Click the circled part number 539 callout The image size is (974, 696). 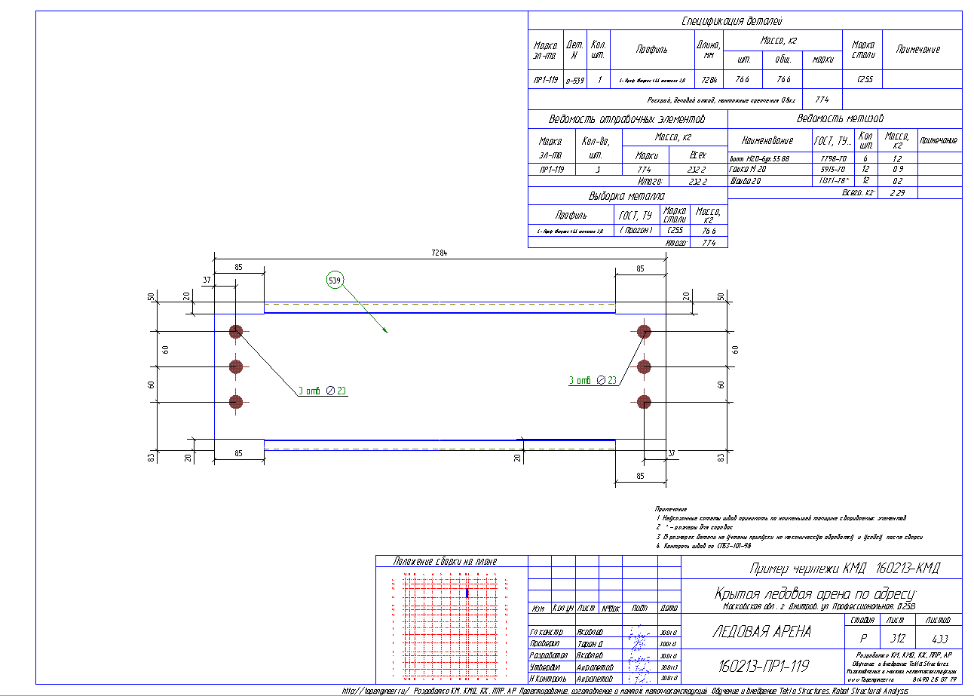pos(334,281)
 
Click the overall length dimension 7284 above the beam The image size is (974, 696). pos(440,253)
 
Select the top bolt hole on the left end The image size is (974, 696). pos(236,330)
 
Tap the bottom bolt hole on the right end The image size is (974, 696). pos(644,402)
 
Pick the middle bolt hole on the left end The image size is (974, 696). pos(236,366)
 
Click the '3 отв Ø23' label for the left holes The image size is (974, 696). pos(322,391)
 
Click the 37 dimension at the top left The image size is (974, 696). pos(207,281)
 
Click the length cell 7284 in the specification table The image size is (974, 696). pos(708,80)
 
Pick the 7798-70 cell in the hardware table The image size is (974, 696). pos(832,159)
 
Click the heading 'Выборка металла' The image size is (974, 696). pos(627,196)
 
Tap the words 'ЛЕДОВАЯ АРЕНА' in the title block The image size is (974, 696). pos(761,632)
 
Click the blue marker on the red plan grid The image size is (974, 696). pos(467,593)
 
